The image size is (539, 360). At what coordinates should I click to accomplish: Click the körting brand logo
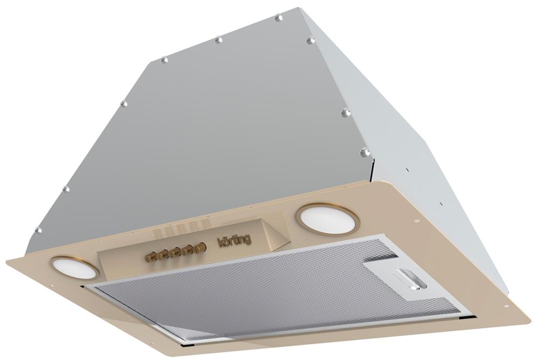point(235,240)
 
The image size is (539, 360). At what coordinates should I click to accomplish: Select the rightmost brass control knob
point(199,246)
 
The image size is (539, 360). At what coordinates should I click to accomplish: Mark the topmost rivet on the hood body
point(278,17)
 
